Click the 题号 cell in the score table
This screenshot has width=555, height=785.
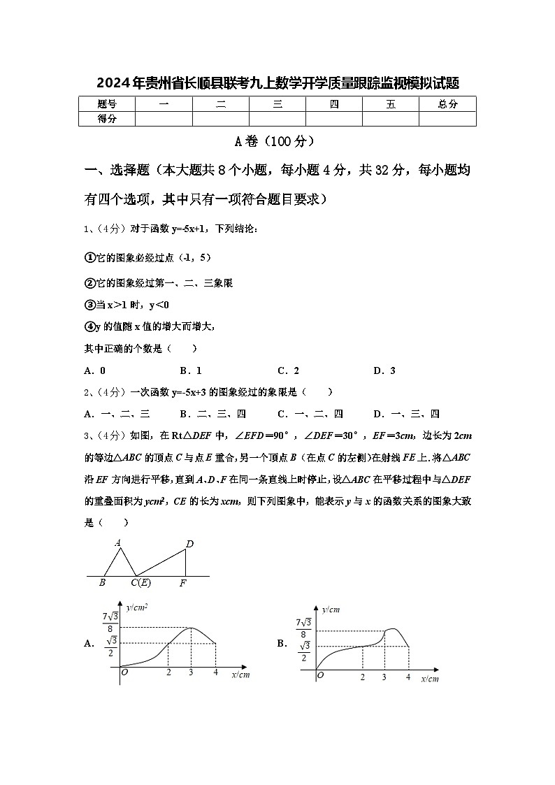[107, 104]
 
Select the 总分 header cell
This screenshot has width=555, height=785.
[447, 104]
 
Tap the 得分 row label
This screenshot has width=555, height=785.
[107, 119]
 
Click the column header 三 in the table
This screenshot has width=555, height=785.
[277, 104]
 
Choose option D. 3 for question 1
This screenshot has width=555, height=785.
[384, 370]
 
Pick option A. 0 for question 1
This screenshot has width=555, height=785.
[95, 370]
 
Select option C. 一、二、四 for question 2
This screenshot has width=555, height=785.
[310, 414]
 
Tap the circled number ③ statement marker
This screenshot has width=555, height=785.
[89, 305]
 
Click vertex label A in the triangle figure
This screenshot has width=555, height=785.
[117, 542]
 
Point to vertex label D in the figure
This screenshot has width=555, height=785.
[189, 544]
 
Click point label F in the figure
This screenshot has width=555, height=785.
[183, 582]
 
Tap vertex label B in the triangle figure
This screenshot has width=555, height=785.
[102, 582]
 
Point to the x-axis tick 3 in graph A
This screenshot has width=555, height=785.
[192, 673]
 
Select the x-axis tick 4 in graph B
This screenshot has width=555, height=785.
[408, 677]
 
